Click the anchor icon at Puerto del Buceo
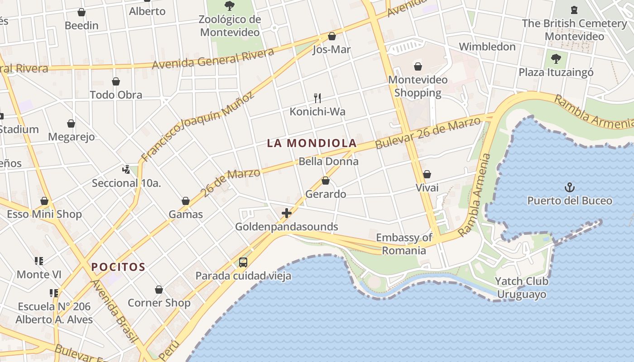(x=569, y=187)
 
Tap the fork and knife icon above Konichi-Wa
(x=317, y=98)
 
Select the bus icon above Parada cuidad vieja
(x=243, y=262)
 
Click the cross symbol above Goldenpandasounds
(x=286, y=213)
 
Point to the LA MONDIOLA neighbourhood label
(x=312, y=143)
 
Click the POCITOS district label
(x=118, y=267)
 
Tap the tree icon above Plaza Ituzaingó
(x=556, y=58)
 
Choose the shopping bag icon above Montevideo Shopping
(x=418, y=67)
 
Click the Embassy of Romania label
(x=404, y=244)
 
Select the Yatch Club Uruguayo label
(x=522, y=288)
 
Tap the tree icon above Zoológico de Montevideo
(x=230, y=6)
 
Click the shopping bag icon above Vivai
(x=427, y=174)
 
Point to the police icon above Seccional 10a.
(x=126, y=170)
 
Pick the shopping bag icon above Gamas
(x=186, y=201)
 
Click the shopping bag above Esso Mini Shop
(x=44, y=201)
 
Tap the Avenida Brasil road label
(x=114, y=311)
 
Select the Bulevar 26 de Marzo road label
(x=427, y=133)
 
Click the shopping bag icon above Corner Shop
(x=159, y=290)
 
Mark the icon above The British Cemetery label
(x=574, y=10)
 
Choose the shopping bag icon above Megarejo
(x=71, y=124)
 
